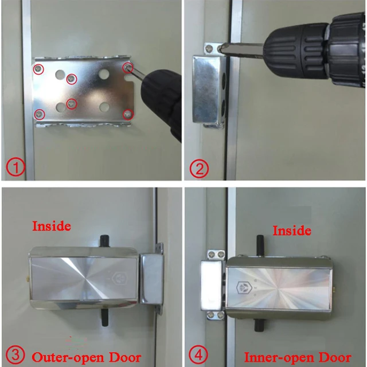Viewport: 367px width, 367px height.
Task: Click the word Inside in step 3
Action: click(x=52, y=226)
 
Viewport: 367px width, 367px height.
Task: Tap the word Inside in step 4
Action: click(x=291, y=231)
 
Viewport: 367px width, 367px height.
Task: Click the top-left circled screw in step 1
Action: click(x=38, y=69)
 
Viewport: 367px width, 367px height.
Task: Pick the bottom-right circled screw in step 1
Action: click(x=128, y=114)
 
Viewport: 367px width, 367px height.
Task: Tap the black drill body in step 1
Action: click(x=163, y=103)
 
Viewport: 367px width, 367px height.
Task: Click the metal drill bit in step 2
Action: click(x=241, y=49)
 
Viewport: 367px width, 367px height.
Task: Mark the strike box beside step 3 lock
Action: click(x=151, y=279)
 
